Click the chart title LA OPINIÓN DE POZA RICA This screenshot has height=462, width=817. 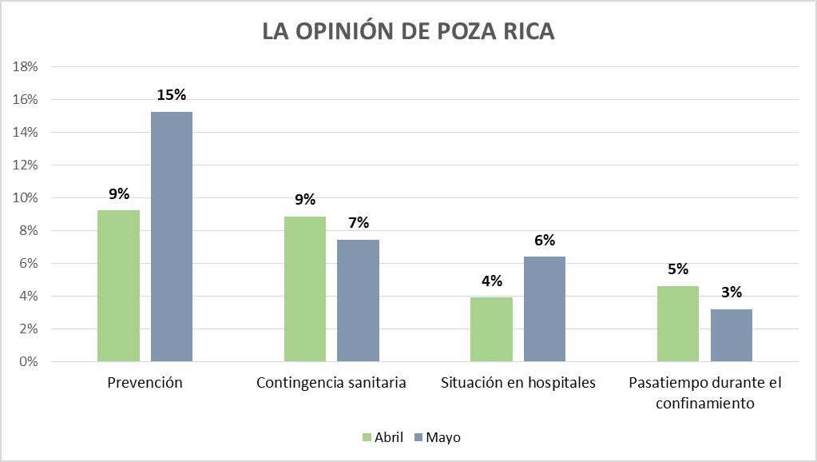click(408, 32)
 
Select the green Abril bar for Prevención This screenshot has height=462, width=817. click(118, 286)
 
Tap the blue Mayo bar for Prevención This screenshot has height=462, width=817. click(172, 237)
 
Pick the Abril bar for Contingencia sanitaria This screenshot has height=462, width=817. click(305, 289)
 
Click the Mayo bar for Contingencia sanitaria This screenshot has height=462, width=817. click(358, 301)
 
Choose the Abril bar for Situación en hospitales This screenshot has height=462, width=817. click(491, 329)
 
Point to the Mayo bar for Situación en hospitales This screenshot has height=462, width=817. click(545, 309)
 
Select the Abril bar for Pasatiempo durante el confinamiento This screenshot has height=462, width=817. click(678, 324)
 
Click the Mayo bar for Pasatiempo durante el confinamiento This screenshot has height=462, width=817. click(731, 336)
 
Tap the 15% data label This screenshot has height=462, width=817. click(172, 95)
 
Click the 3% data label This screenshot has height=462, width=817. click(731, 293)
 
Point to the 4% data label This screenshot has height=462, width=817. click(491, 281)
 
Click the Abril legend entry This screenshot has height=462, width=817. click(383, 437)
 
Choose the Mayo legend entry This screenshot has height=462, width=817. click(437, 437)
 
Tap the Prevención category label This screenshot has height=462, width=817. click(145, 383)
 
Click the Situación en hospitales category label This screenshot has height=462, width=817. click(518, 383)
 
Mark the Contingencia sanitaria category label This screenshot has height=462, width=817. click(331, 383)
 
